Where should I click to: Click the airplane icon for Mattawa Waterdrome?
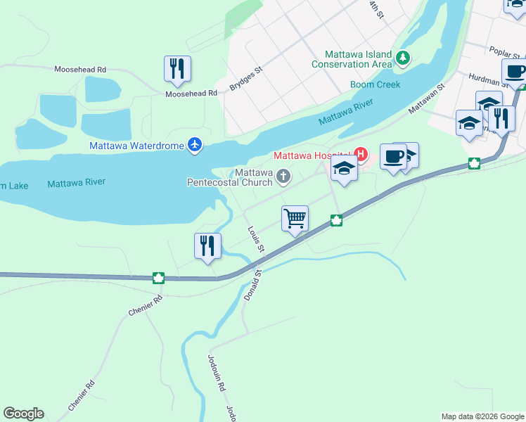coord(195,146)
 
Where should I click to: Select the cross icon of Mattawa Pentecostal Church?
coord(283,176)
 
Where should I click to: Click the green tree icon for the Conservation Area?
coord(403,58)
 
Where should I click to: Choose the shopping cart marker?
coord(295,218)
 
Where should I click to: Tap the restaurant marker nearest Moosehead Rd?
coord(177,69)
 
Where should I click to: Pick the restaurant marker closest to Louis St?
coord(207,246)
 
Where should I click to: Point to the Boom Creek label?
coord(376,85)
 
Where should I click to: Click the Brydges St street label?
coord(245,79)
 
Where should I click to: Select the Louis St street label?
coord(255,239)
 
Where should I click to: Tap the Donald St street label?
coord(252,285)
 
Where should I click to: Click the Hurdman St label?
coord(483,79)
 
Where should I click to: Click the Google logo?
coord(23,414)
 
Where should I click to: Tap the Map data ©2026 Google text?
coord(482,416)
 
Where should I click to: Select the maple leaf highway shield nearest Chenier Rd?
coord(159,277)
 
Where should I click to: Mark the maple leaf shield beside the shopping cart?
coord(337,221)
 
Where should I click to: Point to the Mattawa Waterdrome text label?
coord(136,146)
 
